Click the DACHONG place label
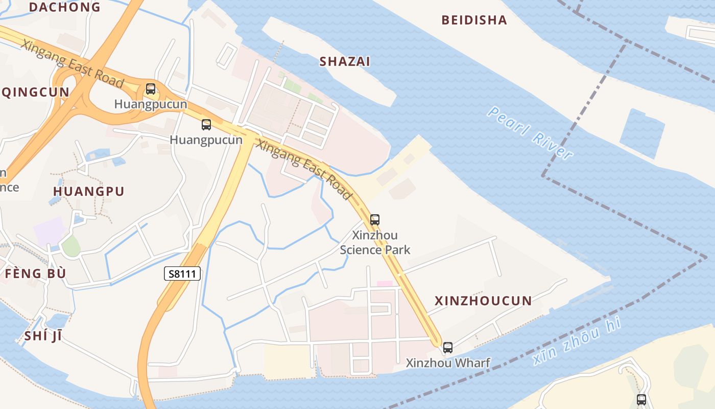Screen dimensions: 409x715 [65, 7]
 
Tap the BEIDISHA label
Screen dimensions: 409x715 [474, 20]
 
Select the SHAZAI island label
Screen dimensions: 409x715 [345, 62]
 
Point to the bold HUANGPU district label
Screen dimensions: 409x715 [89, 192]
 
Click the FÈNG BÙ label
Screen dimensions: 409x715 [35, 274]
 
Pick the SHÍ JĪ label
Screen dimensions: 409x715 [43, 336]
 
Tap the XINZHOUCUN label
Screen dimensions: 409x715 [483, 301]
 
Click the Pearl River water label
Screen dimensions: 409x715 [529, 132]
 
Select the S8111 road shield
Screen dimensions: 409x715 [182, 274]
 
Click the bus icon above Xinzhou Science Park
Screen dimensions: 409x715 [375, 220]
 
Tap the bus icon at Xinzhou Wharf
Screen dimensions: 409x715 [448, 348]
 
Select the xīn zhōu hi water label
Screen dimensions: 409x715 [577, 341]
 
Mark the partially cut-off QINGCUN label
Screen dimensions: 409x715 [35, 93]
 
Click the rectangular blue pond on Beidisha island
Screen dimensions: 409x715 [642, 133]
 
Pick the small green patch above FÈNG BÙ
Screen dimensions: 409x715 [71, 246]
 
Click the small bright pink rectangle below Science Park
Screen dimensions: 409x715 [385, 284]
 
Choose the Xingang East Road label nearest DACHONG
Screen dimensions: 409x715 [73, 63]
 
